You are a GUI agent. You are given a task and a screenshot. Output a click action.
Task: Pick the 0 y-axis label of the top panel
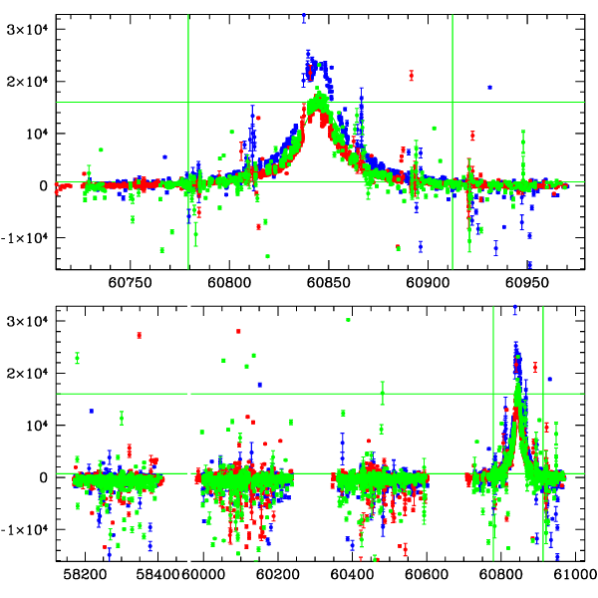click(42, 185)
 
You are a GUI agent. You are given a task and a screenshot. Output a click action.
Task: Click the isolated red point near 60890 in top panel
click(412, 75)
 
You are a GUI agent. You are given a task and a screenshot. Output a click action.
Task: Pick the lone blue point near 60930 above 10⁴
click(490, 88)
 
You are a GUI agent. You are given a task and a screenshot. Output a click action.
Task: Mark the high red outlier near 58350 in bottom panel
click(140, 335)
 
